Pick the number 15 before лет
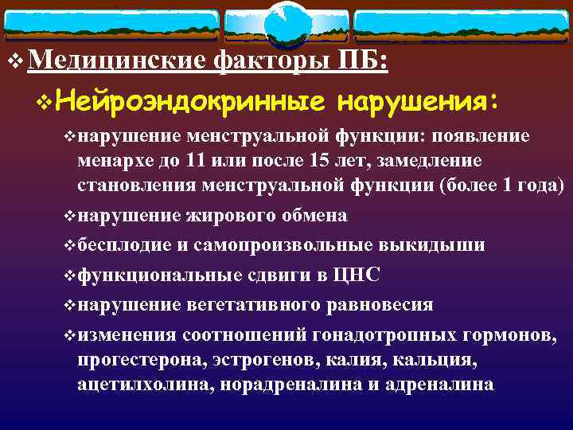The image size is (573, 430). [x=329, y=161]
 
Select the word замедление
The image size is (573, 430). [x=436, y=161]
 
